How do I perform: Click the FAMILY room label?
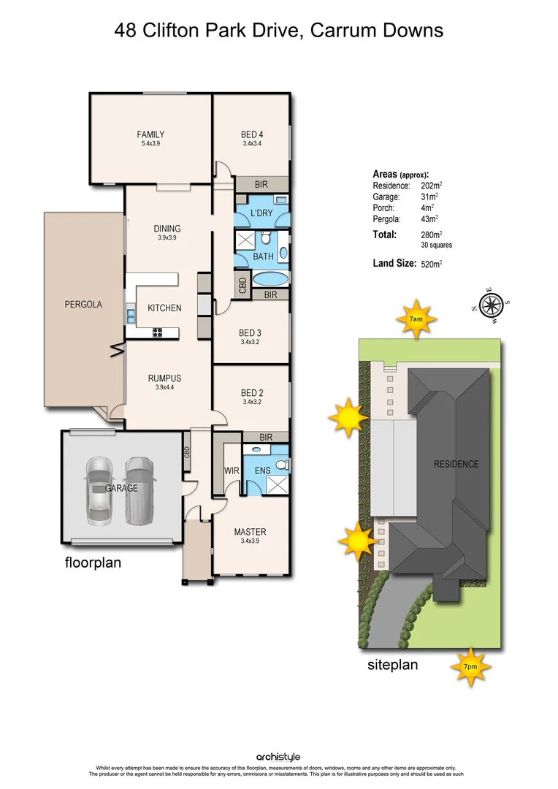point(150,134)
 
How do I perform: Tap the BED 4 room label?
point(252,134)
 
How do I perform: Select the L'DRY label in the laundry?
point(261,213)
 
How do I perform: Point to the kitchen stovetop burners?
point(156,332)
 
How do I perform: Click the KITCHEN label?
point(164,308)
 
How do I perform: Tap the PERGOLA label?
point(83,305)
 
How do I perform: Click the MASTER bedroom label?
point(250,532)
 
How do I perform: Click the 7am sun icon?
point(416,319)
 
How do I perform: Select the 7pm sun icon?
point(470,666)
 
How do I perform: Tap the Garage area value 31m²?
point(429,197)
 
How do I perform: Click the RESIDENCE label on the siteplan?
point(456,464)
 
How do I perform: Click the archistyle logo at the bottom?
point(278,758)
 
